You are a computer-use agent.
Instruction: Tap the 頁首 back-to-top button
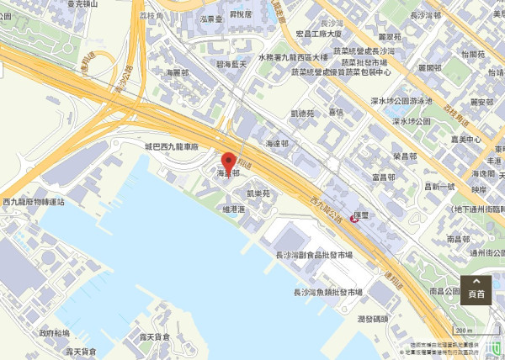[x=476, y=289]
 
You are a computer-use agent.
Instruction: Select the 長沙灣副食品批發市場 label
[x=314, y=254]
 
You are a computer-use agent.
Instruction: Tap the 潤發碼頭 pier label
[x=373, y=319]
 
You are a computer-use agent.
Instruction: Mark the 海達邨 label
[x=276, y=145]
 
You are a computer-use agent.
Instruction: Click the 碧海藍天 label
[x=230, y=63]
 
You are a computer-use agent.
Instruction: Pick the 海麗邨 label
[x=178, y=73]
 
